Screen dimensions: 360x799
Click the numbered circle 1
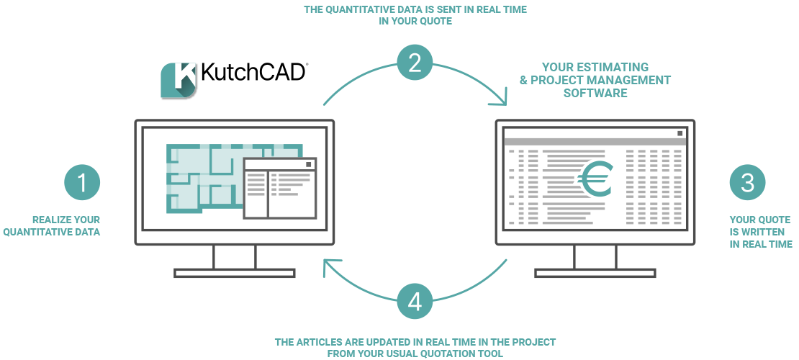(82, 183)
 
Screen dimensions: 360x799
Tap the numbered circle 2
(415, 63)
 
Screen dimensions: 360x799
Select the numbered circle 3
(747, 183)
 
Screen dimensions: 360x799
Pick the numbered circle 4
(415, 302)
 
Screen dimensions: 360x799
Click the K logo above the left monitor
(178, 80)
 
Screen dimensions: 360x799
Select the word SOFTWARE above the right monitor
(595, 93)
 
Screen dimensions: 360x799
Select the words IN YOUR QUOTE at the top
(415, 22)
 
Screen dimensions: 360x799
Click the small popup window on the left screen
(280, 188)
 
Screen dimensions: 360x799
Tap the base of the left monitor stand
(235, 273)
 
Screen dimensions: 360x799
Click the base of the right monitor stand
(595, 273)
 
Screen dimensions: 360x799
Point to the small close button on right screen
(680, 132)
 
